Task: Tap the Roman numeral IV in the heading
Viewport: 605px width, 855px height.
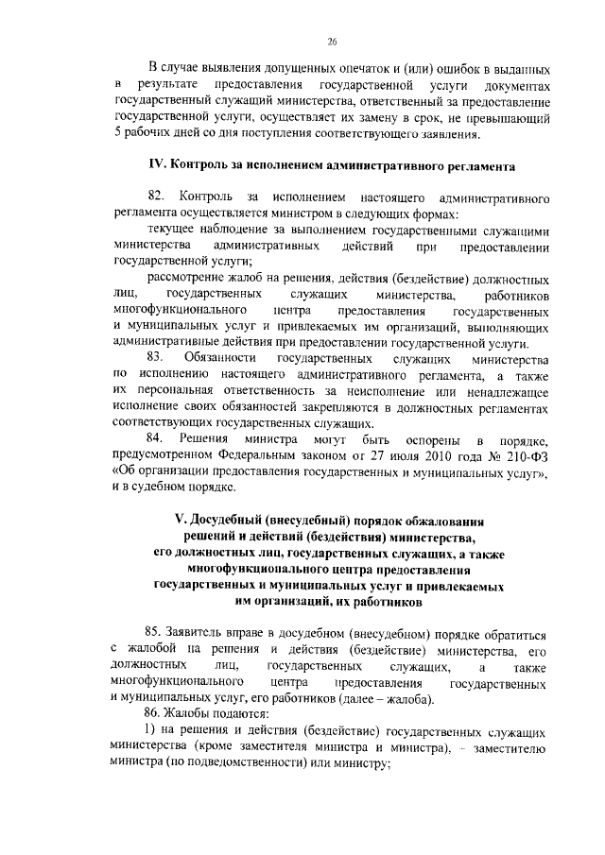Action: tap(156, 167)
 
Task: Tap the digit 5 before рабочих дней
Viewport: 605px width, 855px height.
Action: tap(116, 134)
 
